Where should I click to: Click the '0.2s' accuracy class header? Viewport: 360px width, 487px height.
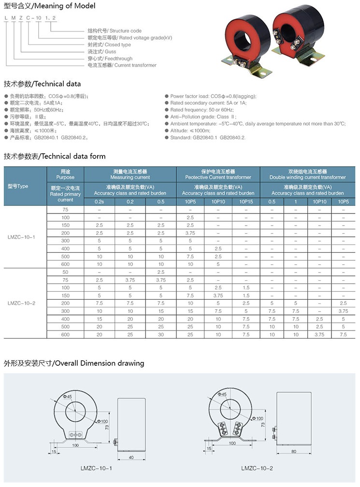click(100, 201)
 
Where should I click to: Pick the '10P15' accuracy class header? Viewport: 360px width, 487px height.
click(245, 201)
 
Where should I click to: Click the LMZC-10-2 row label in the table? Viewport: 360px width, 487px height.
click(21, 303)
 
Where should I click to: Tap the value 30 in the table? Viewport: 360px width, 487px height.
click(161, 334)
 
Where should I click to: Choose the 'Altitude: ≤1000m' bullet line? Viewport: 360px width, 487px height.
click(190, 130)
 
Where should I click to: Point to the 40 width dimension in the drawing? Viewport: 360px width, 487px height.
click(132, 457)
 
